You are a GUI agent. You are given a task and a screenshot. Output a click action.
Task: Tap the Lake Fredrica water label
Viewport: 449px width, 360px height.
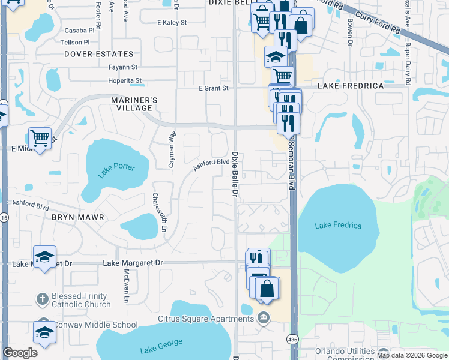tap(339, 226)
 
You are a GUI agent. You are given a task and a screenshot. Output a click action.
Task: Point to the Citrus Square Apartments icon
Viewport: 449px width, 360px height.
tap(263, 317)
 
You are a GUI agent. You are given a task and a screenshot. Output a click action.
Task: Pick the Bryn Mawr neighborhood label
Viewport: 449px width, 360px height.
tap(78, 217)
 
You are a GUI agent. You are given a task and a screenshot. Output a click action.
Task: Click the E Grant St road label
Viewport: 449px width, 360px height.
tap(214, 88)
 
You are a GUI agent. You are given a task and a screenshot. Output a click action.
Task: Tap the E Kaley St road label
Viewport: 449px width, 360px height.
tap(172, 23)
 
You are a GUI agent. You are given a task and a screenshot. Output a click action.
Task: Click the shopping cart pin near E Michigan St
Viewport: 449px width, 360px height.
tap(40, 139)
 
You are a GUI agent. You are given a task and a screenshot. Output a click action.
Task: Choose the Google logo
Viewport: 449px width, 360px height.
tap(20, 353)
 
